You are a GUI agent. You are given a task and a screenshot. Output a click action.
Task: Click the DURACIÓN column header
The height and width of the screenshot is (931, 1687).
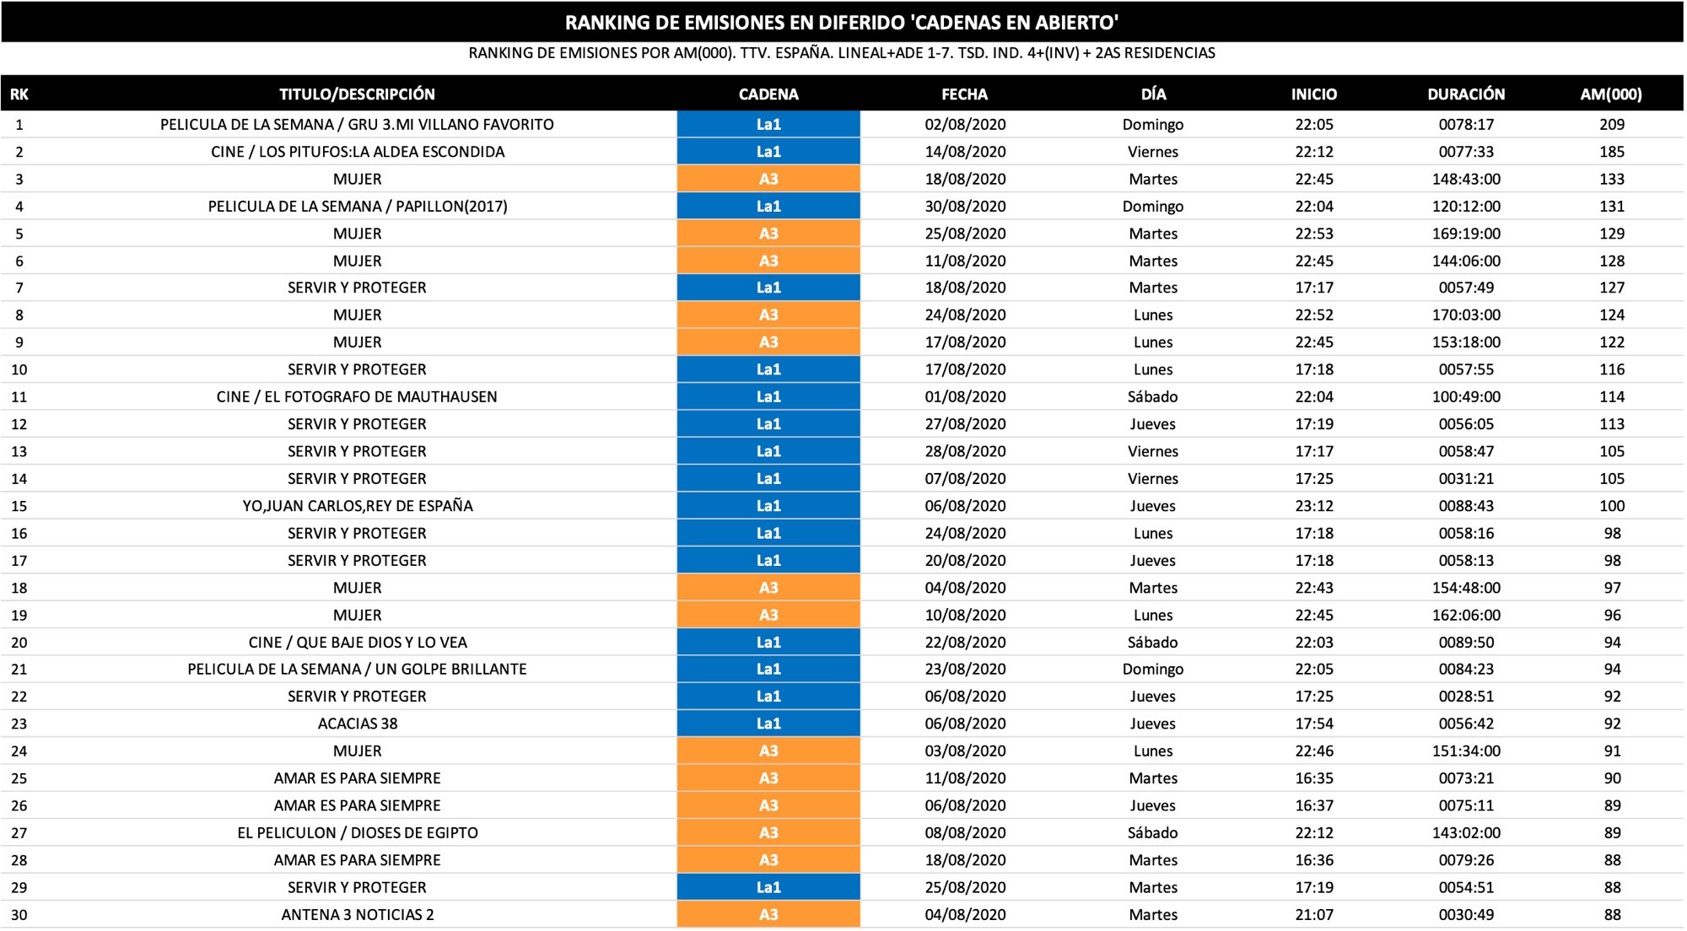tap(1466, 94)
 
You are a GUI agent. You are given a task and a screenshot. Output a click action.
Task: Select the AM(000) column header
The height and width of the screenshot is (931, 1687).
tap(1611, 94)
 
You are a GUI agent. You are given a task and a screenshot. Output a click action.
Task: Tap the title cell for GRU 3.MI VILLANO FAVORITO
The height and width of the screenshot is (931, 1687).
tap(357, 125)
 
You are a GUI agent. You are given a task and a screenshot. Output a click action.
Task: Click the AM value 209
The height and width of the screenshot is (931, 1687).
tap(1612, 125)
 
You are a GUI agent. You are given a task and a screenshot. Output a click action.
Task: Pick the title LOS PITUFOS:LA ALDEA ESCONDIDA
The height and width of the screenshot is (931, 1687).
tap(357, 152)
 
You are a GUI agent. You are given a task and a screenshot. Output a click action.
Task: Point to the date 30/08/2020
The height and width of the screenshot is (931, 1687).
tap(965, 207)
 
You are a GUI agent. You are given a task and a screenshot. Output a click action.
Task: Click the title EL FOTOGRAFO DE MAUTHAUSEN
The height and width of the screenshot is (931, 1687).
tap(357, 397)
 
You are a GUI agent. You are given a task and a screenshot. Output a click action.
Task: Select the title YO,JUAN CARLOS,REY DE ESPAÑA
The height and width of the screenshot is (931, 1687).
tap(357, 506)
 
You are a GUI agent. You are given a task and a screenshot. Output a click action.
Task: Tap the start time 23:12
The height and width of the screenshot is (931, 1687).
tap(1314, 506)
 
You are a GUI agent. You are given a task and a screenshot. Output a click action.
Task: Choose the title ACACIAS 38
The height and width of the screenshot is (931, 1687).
tap(357, 724)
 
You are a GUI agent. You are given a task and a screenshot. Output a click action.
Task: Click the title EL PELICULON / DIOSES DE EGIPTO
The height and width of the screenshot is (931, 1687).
tap(357, 833)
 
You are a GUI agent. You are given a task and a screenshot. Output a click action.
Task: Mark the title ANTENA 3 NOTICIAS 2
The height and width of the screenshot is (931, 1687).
tap(357, 915)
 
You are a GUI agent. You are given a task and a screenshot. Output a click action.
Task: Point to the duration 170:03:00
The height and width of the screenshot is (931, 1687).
tap(1466, 315)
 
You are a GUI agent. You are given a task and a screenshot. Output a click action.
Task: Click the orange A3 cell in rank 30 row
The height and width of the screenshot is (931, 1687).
tap(768, 915)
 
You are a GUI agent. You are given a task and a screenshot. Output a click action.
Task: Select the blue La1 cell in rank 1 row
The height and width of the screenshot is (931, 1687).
tap(768, 125)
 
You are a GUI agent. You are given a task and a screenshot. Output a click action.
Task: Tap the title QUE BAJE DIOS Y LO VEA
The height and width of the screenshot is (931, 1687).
tap(357, 643)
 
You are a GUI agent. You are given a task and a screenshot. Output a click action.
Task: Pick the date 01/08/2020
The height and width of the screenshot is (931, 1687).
tap(965, 397)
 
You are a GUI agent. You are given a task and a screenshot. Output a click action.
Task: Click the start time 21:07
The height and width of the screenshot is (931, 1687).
tap(1314, 915)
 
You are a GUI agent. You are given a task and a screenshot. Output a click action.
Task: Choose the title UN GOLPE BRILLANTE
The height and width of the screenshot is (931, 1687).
tap(357, 670)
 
